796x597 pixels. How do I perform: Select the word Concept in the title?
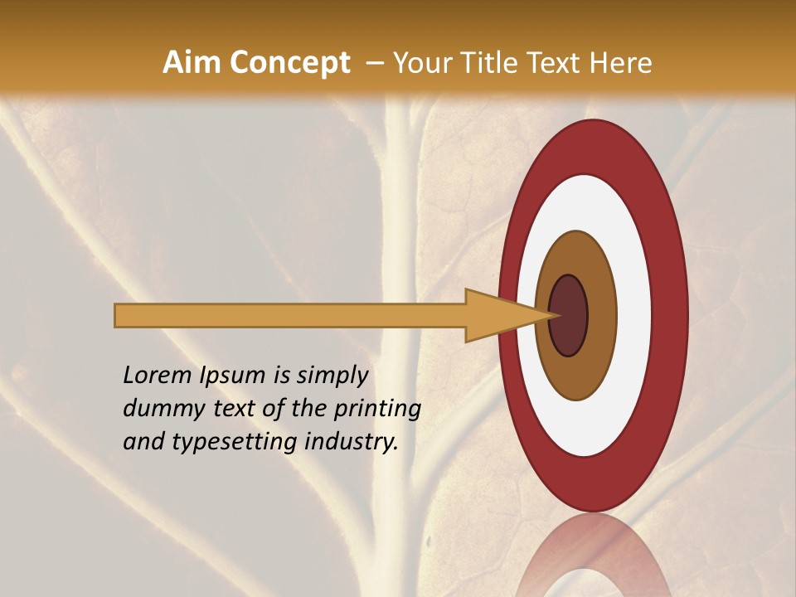(289, 63)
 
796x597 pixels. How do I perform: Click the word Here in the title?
(621, 63)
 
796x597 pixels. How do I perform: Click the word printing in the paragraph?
(377, 410)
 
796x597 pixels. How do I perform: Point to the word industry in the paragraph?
(352, 443)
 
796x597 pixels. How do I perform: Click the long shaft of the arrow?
(290, 315)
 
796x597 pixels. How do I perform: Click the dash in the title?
(375, 64)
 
